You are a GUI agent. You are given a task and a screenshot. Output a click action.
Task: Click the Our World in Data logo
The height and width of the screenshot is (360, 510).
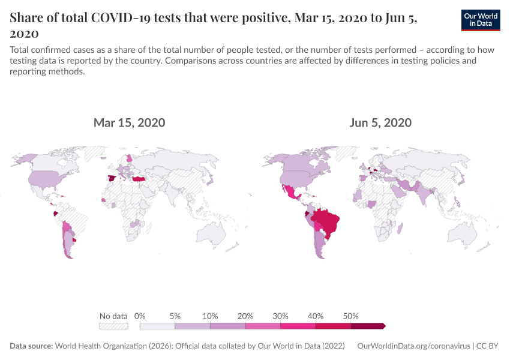(x=481, y=20)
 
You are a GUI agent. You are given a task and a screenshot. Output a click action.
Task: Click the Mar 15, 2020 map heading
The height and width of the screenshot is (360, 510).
(x=129, y=123)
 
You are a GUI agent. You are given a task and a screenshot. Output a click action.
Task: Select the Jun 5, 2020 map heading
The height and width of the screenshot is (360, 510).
(x=380, y=123)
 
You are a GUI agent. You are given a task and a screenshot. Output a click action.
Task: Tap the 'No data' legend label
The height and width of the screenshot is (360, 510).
(x=113, y=316)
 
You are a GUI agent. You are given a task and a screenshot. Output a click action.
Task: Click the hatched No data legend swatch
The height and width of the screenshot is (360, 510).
(x=113, y=326)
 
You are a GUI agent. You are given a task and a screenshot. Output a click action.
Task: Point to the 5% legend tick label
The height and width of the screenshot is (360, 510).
(x=175, y=316)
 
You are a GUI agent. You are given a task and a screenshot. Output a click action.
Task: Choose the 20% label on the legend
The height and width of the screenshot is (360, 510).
(x=245, y=316)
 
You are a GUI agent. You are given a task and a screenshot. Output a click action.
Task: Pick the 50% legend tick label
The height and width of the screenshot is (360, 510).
(x=351, y=316)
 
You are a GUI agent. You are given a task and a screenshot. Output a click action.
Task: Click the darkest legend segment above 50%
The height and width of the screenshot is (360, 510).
(x=368, y=326)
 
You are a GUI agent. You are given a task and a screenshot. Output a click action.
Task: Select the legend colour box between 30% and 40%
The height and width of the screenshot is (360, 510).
(x=298, y=326)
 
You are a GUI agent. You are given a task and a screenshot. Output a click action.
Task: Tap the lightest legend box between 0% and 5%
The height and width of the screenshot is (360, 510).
(x=157, y=326)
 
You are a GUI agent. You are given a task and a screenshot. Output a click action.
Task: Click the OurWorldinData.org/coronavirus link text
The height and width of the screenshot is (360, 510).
(x=413, y=346)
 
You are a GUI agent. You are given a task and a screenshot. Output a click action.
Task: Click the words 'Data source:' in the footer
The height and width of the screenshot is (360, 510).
(x=31, y=346)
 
